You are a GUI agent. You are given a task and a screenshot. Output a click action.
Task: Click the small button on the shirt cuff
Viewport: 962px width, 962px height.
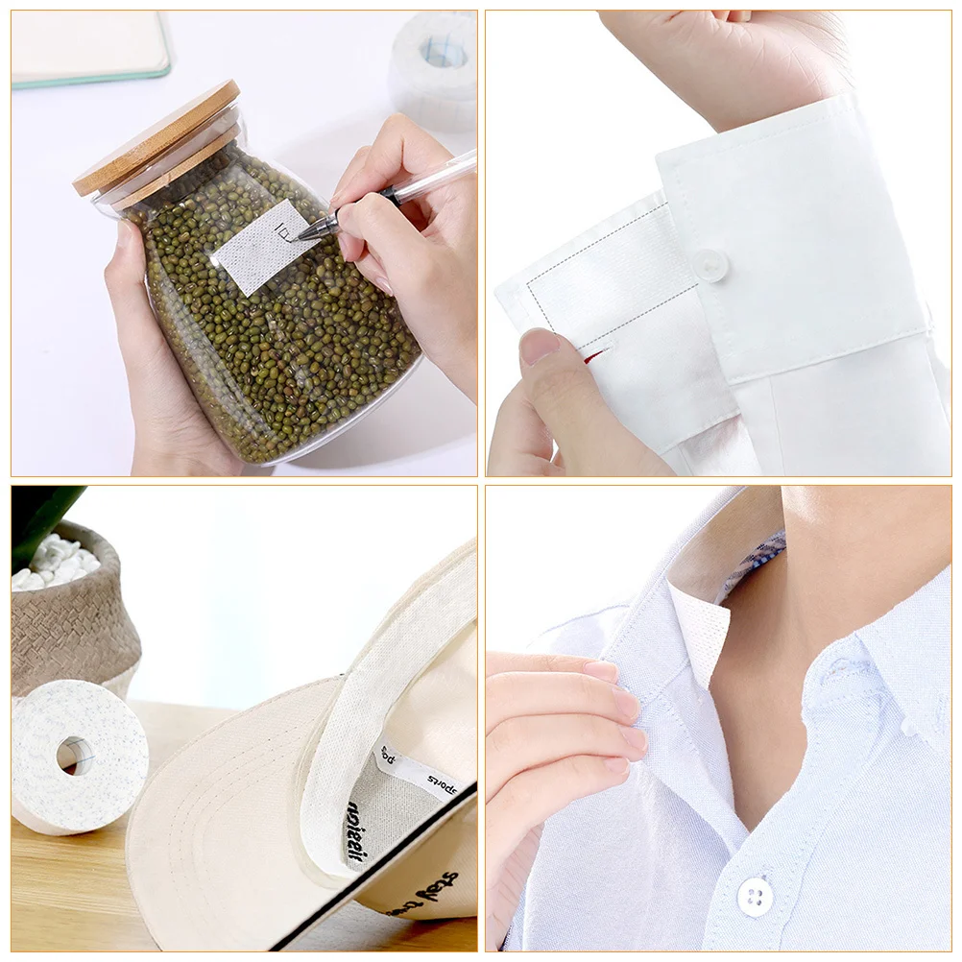pos(709,264)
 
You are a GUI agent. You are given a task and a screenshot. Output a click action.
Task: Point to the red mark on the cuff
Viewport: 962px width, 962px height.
pos(594,357)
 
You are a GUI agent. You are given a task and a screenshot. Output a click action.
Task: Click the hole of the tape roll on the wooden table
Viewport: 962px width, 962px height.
pos(74,756)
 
